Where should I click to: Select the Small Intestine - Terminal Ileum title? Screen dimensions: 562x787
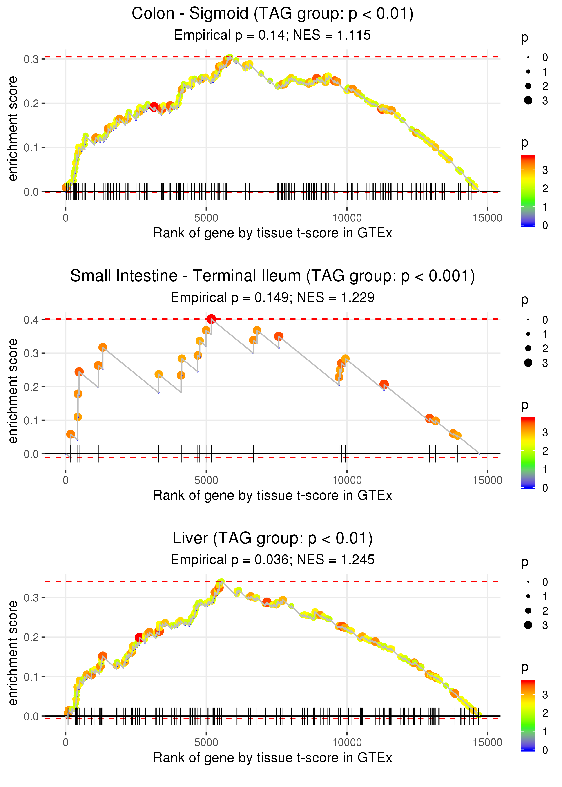272,276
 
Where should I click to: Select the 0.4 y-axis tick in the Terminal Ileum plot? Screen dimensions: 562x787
31,320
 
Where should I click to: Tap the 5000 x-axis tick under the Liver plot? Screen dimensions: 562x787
206,742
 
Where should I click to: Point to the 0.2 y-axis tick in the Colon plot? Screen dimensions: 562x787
31,103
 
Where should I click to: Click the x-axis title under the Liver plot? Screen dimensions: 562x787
273,758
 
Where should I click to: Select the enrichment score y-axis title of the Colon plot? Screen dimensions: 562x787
13,129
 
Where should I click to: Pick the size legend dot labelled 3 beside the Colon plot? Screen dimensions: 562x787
528,100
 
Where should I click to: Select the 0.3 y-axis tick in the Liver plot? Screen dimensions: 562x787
31,598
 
